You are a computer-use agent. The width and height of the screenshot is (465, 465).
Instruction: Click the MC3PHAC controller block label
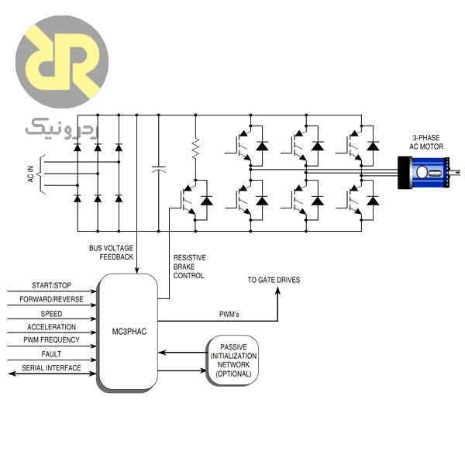(x=129, y=332)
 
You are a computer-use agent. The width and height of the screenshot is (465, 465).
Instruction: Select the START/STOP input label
(x=51, y=285)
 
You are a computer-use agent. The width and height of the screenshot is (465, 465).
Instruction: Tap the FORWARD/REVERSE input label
(x=51, y=299)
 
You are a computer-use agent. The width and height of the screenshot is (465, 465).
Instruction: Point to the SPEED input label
(x=51, y=314)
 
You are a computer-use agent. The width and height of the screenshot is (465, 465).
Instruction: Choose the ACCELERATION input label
(x=51, y=327)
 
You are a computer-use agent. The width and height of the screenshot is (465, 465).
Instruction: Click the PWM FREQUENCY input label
(x=51, y=340)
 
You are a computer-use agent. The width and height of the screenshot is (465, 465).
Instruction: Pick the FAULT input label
(x=51, y=354)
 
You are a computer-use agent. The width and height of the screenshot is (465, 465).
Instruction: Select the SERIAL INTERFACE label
(x=51, y=368)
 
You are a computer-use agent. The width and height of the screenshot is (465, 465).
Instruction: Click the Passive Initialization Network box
(x=233, y=360)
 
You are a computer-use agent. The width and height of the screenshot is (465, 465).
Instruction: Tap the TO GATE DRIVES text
(x=274, y=280)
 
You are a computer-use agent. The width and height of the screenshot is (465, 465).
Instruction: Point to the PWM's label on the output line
(x=229, y=315)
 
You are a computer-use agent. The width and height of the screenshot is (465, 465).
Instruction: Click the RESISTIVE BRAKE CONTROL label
(x=190, y=267)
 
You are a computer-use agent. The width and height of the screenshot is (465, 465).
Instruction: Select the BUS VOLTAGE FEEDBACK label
(x=111, y=253)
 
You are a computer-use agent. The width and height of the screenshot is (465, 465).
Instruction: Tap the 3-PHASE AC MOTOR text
(x=426, y=142)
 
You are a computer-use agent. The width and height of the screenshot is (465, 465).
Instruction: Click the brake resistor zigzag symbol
(x=195, y=148)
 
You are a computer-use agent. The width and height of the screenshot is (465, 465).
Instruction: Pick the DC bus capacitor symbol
(x=158, y=169)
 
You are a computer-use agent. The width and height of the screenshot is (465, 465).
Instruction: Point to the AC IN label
(x=30, y=174)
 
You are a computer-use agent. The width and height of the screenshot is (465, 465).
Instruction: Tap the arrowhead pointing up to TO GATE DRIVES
(x=277, y=291)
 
